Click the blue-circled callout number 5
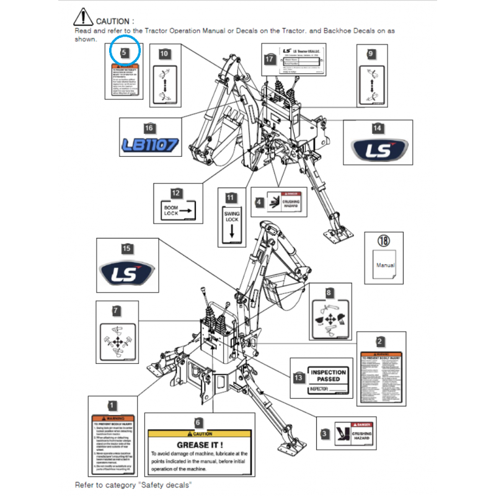[x=125, y=53]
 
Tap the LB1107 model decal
[x=149, y=146]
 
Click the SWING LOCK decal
[x=231, y=224]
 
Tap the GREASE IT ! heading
[x=200, y=445]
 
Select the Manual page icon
[x=384, y=262]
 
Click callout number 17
[x=269, y=60]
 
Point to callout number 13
[x=299, y=376]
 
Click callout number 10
[x=164, y=54]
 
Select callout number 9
[x=371, y=54]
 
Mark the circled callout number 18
[x=384, y=241]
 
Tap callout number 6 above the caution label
[x=198, y=422]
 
